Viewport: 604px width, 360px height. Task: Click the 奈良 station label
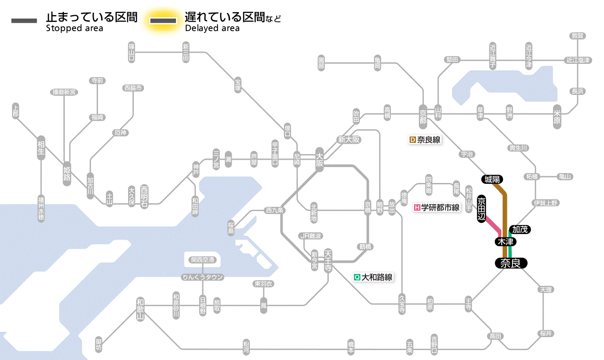511,263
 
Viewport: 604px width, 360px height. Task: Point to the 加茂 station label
520,230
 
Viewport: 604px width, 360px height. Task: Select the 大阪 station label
319,160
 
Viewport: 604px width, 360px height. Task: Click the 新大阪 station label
349,140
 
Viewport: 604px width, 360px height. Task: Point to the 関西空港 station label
202,260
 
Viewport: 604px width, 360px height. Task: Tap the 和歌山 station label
140,309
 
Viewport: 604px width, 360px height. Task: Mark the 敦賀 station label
578,36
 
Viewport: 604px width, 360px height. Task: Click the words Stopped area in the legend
74,28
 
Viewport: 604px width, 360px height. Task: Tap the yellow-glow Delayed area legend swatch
163,20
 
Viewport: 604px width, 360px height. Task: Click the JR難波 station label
311,236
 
